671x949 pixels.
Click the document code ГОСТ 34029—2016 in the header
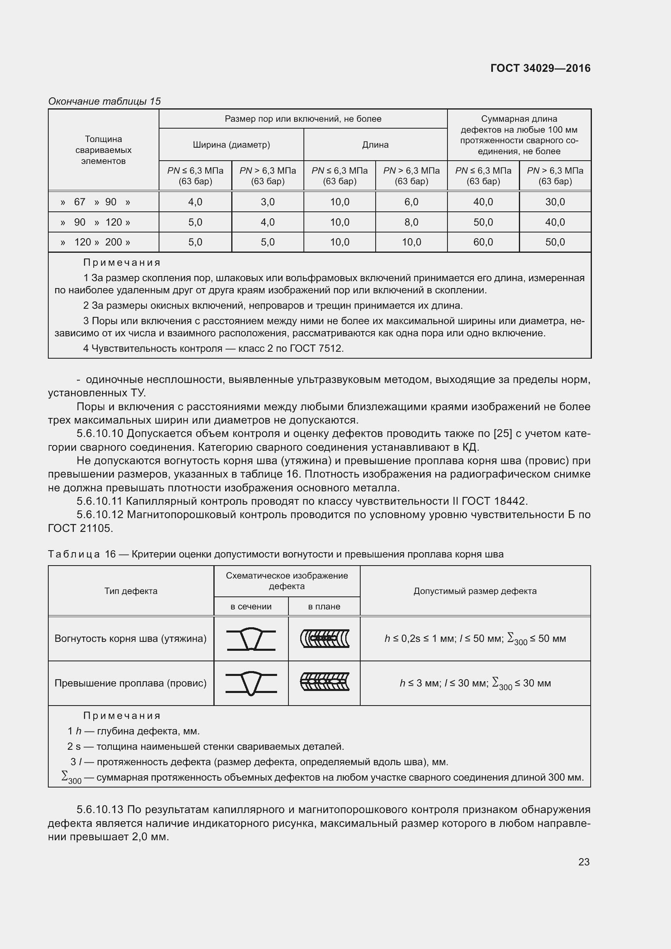point(540,68)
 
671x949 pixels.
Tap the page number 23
point(583,862)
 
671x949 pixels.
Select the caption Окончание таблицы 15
point(104,101)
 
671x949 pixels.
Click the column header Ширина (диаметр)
point(231,145)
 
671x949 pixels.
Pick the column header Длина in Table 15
point(375,145)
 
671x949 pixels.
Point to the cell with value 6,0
point(411,202)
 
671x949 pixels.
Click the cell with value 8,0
point(411,222)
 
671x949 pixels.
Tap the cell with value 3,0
point(267,202)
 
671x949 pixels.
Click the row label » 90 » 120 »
point(95,222)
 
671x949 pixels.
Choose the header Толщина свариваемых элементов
point(103,150)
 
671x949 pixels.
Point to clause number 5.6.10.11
point(99,501)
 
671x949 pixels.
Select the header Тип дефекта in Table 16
point(131,591)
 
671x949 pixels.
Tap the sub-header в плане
point(324,606)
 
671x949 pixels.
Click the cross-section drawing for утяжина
point(251,639)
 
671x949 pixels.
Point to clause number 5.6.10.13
point(99,809)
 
